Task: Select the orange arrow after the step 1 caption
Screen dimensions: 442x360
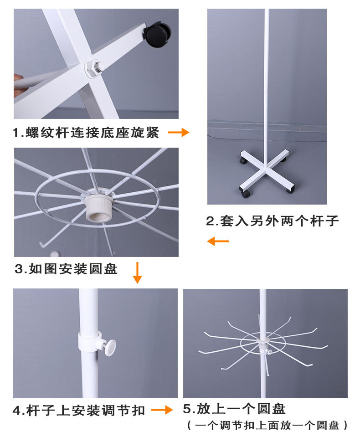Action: point(178,133)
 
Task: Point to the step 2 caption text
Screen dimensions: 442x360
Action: point(273,221)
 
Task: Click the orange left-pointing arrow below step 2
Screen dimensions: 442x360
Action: point(217,241)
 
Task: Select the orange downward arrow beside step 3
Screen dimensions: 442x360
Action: point(137,272)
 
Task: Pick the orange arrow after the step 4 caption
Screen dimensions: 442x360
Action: point(162,410)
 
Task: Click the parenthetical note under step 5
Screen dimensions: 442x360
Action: point(268,426)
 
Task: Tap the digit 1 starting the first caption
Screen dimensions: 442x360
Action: point(16,133)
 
